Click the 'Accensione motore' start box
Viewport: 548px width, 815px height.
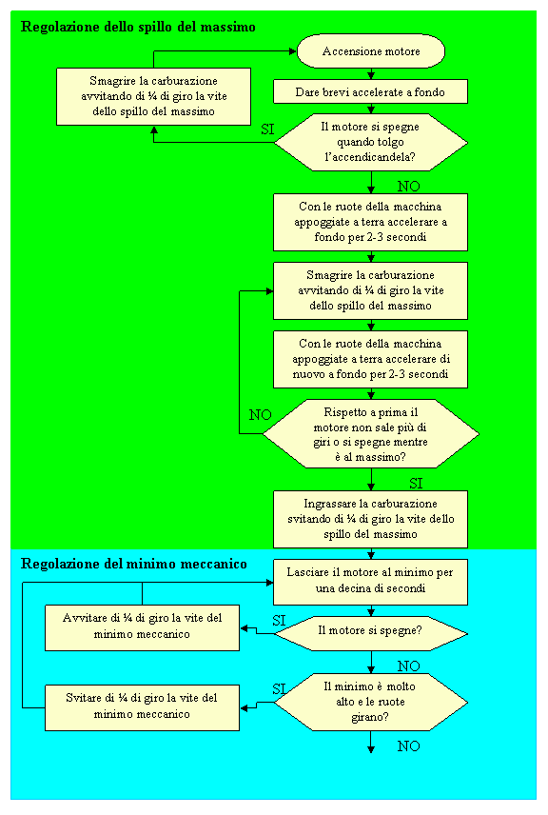click(x=371, y=51)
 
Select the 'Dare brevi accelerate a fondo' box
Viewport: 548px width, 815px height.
click(x=370, y=91)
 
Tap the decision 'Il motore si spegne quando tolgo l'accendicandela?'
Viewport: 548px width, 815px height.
click(x=371, y=142)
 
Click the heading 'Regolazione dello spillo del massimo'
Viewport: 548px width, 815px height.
click(x=138, y=27)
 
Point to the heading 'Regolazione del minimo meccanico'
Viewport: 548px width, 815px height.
click(x=134, y=564)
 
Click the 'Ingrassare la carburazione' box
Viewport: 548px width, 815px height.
click(x=370, y=519)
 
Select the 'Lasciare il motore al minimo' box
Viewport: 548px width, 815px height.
click(x=370, y=582)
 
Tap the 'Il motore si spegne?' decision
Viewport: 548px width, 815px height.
click(x=371, y=633)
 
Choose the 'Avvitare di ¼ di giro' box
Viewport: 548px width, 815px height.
click(x=142, y=627)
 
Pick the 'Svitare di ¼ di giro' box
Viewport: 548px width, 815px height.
click(x=142, y=707)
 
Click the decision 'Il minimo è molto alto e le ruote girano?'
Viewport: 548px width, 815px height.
click(x=371, y=703)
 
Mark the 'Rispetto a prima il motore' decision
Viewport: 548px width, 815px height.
click(x=371, y=433)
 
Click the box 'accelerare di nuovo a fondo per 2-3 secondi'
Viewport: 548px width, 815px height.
click(x=370, y=359)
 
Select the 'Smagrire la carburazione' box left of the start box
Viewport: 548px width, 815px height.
click(x=153, y=96)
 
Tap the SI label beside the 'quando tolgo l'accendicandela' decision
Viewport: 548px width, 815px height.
click(x=267, y=129)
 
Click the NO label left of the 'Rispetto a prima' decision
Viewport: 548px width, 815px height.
click(x=261, y=415)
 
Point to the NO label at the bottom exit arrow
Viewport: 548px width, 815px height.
click(x=409, y=745)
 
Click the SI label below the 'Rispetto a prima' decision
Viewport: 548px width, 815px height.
click(x=416, y=484)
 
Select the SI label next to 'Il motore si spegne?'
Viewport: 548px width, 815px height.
click(x=279, y=620)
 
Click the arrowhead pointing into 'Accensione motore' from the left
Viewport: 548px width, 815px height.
click(x=293, y=51)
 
